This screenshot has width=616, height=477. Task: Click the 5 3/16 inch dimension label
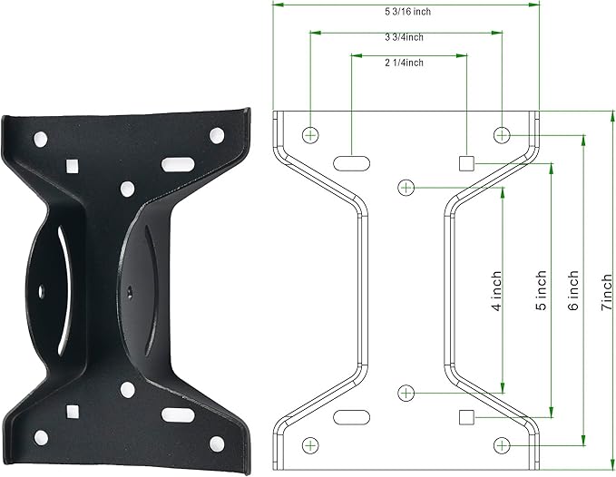407,12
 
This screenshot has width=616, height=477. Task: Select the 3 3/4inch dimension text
404,37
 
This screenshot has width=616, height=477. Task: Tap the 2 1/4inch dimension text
404,63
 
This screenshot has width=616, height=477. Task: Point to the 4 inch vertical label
497,286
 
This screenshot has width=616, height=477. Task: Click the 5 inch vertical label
542,285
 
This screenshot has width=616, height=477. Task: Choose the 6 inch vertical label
573,285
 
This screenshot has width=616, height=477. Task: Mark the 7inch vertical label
607,287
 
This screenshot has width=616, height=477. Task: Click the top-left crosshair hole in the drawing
310,135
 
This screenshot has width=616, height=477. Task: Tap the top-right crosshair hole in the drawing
502,135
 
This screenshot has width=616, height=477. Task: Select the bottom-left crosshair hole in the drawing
310,445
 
